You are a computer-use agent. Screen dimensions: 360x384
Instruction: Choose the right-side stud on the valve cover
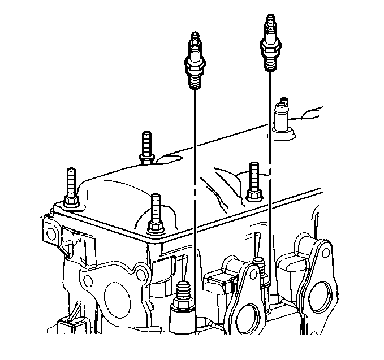(x=253, y=179)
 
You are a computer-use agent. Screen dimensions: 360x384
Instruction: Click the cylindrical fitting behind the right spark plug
(x=281, y=116)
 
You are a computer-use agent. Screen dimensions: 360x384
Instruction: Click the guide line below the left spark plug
(x=194, y=170)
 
